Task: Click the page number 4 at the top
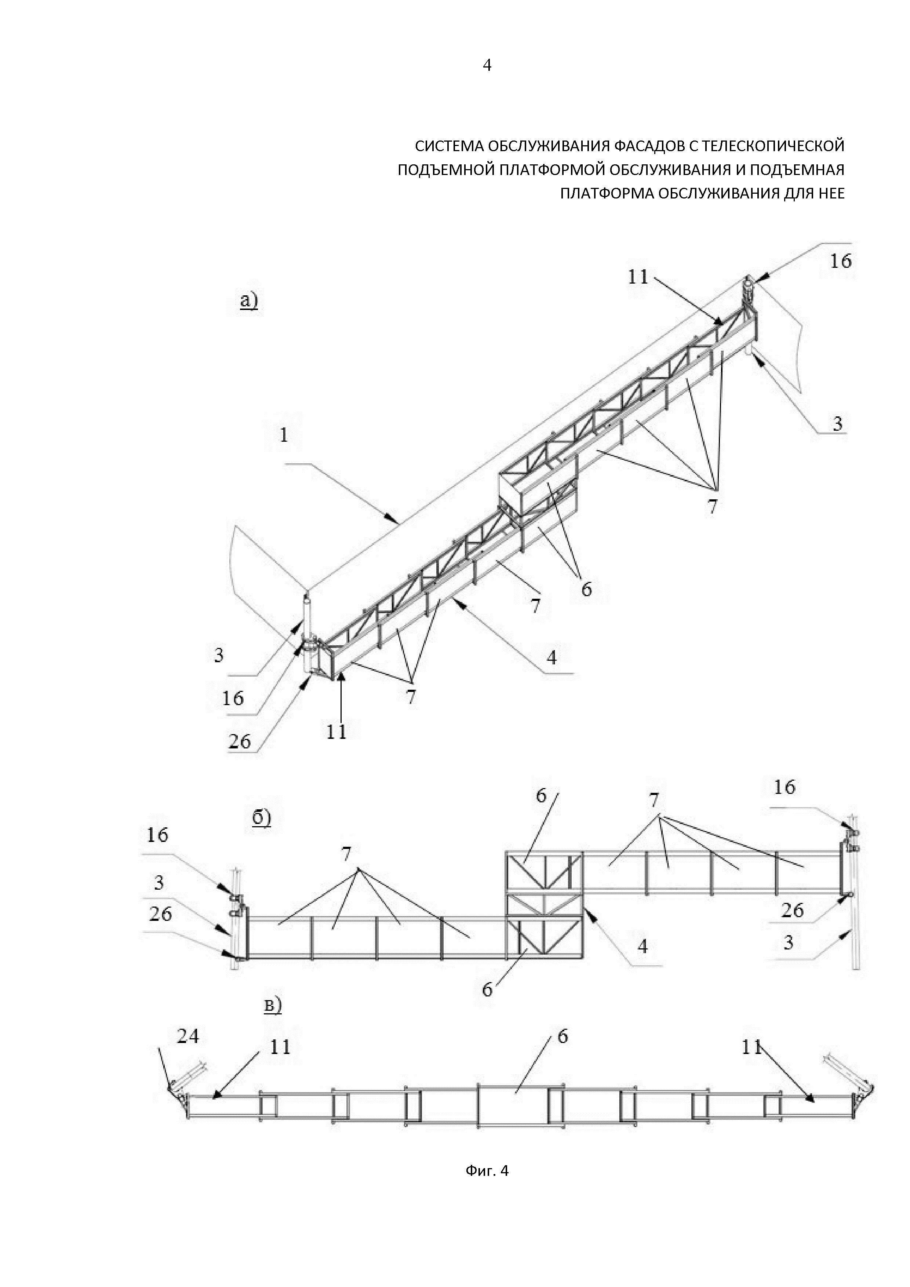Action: point(487,66)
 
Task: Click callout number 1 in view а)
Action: point(284,435)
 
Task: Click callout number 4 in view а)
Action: point(552,657)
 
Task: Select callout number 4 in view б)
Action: point(643,946)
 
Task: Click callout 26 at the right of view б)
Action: point(792,910)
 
